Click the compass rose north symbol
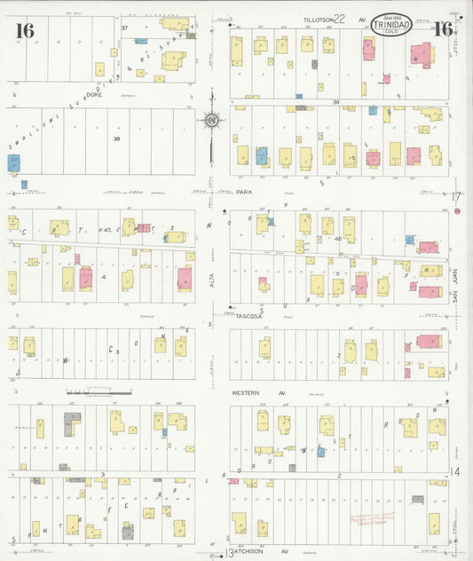click(x=212, y=119)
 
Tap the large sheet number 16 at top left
click(x=24, y=30)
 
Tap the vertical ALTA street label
click(x=212, y=280)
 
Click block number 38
click(x=115, y=138)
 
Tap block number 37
click(x=125, y=28)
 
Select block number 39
click(x=336, y=102)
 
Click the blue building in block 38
click(x=14, y=163)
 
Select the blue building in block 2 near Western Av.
click(x=320, y=452)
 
